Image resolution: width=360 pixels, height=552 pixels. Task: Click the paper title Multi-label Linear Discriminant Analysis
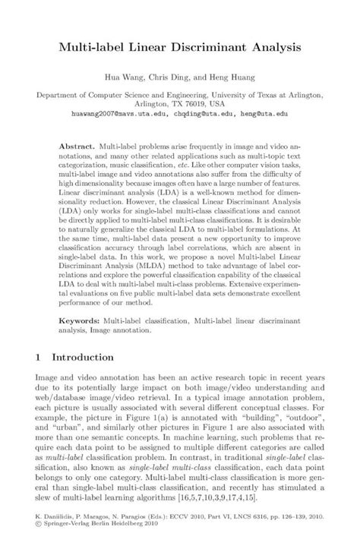(x=180, y=46)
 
